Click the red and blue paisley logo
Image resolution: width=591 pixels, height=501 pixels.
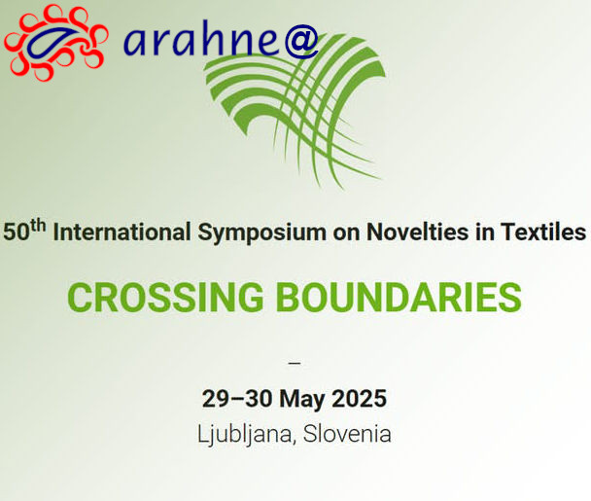pos(55,42)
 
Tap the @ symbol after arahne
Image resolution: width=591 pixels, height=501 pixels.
pos(301,41)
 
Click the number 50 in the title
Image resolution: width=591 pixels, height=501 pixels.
pos(17,232)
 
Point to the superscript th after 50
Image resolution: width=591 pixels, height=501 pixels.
pos(39,227)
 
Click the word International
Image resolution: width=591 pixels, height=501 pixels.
pos(122,232)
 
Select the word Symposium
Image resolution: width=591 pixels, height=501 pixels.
pos(261,233)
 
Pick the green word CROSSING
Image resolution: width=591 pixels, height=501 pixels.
pos(165,298)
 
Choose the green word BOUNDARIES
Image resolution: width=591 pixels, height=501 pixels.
pos(400,298)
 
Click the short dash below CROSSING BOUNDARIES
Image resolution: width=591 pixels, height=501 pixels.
pos(294,363)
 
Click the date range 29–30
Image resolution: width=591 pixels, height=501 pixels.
pos(237,399)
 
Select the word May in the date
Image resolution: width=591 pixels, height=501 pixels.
pos(302,400)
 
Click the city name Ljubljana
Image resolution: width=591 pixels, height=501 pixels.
pos(245,435)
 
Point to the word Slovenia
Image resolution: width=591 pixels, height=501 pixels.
pos(347,434)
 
